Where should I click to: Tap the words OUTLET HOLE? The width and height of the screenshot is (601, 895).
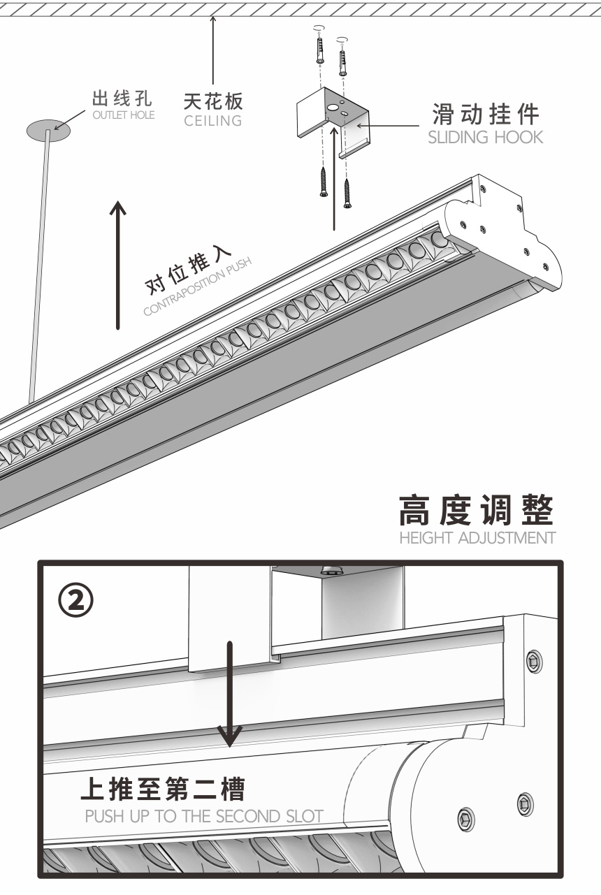(123, 115)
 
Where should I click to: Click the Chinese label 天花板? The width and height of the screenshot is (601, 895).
(213, 102)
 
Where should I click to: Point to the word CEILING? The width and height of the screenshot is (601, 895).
(213, 121)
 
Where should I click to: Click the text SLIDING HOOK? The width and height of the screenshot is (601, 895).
(484, 137)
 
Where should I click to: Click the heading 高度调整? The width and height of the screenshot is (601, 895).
(477, 511)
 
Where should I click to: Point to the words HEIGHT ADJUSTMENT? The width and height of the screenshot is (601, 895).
(477, 538)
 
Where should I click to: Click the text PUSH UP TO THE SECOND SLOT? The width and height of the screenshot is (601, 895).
(204, 815)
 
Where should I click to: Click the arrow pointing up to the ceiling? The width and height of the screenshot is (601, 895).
(212, 49)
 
